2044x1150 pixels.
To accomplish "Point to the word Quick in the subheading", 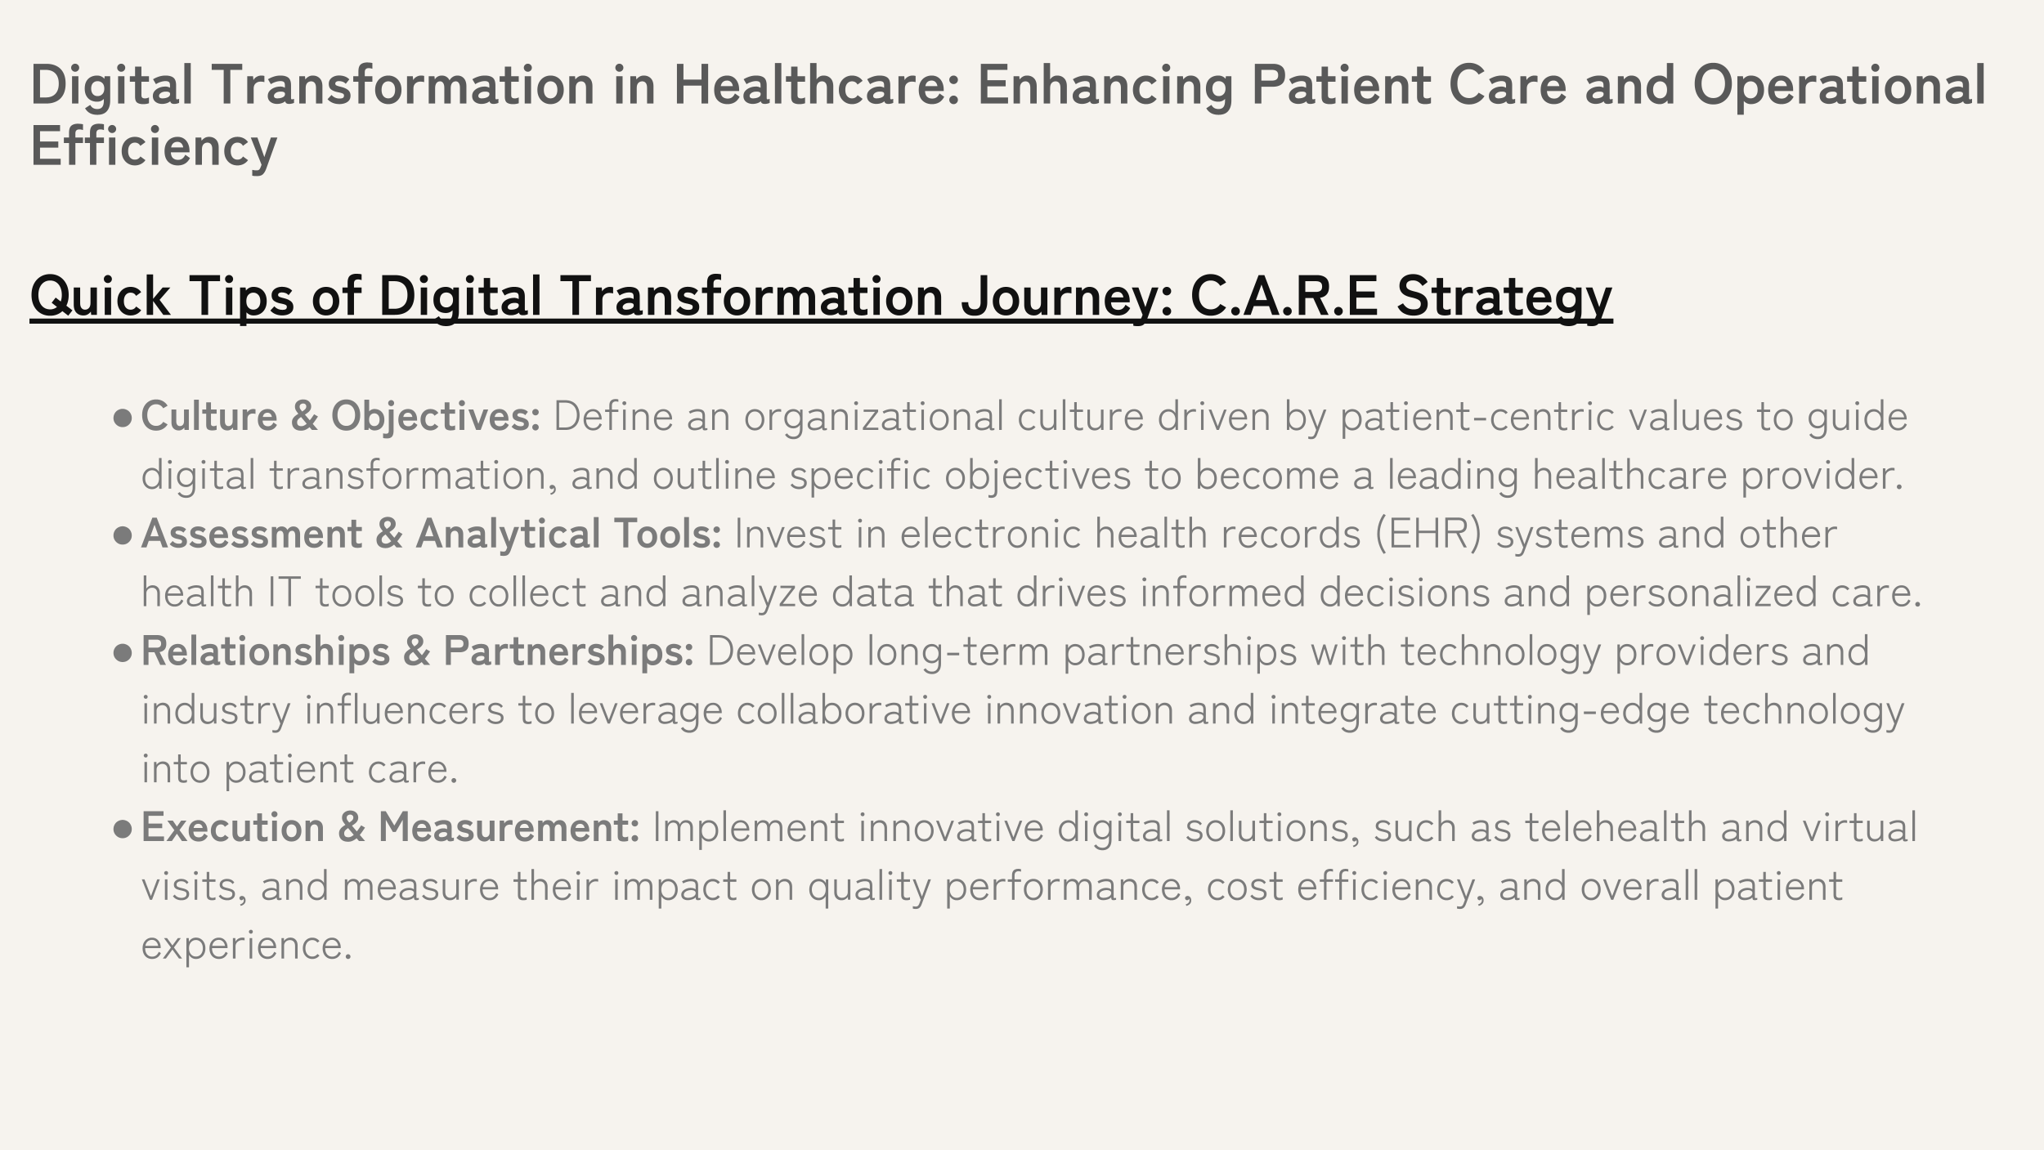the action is [100, 295].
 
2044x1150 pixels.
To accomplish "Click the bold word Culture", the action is [209, 416].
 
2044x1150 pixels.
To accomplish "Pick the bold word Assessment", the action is [251, 534].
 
